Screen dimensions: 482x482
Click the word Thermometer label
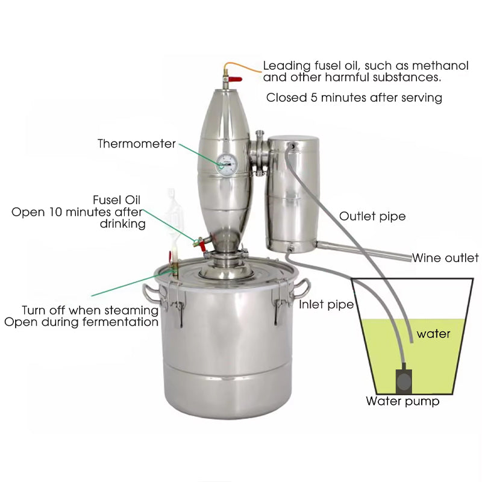[137, 144]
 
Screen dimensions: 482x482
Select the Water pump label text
[402, 401]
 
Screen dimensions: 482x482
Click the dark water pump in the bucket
[403, 380]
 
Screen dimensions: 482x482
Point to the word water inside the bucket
[433, 333]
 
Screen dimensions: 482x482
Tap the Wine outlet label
[445, 258]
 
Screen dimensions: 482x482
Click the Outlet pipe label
[372, 216]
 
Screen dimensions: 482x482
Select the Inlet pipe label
[326, 305]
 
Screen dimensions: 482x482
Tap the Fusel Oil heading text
[118, 200]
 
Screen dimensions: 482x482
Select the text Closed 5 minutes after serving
[354, 98]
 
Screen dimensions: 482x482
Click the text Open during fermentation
[81, 322]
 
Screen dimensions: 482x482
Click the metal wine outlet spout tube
[361, 251]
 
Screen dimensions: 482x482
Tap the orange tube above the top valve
[241, 63]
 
